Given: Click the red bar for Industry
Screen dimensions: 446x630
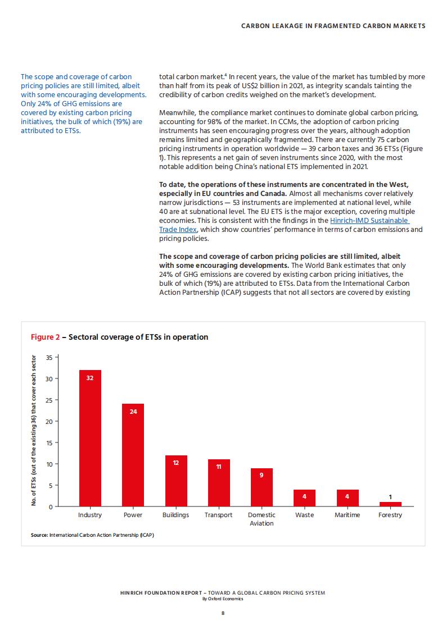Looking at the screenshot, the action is [x=90, y=438].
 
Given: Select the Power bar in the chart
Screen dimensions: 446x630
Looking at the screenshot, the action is [x=133, y=455].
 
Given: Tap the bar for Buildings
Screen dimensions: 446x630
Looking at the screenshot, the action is [x=176, y=481].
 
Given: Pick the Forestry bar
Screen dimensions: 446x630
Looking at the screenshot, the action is [x=390, y=504].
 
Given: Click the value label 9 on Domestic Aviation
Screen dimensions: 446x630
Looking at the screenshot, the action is [x=262, y=476].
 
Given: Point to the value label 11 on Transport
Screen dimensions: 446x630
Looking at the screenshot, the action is [x=219, y=467].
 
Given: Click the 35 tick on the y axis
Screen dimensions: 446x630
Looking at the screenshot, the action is [x=49, y=357].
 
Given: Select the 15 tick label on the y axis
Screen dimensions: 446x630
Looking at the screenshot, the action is [x=49, y=443].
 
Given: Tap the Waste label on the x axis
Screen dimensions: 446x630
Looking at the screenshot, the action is [x=304, y=515].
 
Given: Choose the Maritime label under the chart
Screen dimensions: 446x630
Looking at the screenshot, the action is [x=348, y=515].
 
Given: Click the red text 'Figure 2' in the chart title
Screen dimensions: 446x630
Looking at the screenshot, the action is [x=44, y=337].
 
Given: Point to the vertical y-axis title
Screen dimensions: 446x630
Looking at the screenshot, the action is [x=34, y=430].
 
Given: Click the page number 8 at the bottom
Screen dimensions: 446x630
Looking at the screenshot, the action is [x=223, y=613].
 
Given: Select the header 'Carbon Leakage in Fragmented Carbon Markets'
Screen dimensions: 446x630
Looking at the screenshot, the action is [x=334, y=26].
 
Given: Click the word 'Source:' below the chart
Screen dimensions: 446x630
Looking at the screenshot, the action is [x=39, y=535].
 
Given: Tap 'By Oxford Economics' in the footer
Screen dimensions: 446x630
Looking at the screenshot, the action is [x=223, y=599].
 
